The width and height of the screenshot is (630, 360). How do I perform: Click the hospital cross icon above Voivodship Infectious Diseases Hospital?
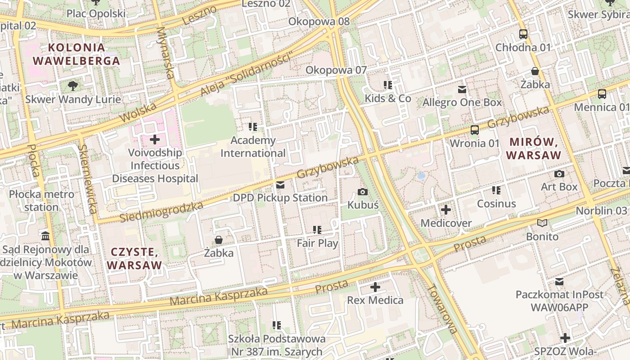[155, 139]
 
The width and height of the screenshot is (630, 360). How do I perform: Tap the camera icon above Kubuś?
[362, 192]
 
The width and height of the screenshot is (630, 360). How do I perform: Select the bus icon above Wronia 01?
[474, 130]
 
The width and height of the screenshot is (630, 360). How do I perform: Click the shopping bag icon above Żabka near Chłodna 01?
[535, 71]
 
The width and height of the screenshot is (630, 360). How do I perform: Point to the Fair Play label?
[317, 243]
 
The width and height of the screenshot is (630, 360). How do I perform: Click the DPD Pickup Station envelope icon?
[280, 185]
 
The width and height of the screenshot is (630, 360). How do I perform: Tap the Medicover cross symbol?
[446, 210]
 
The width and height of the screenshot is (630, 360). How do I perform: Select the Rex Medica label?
[375, 300]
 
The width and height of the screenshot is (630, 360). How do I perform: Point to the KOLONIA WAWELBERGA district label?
[76, 54]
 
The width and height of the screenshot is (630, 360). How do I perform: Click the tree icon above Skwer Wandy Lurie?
[72, 86]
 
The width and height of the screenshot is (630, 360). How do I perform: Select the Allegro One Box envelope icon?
[462, 90]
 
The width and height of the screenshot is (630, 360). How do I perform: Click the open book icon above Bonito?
[542, 223]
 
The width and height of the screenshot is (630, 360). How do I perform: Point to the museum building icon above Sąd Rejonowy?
[45, 236]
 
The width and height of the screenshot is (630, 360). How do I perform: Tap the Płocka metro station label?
[41, 201]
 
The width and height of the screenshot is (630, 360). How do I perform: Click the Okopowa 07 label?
[336, 70]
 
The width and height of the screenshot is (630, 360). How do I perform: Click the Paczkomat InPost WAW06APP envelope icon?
[559, 282]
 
